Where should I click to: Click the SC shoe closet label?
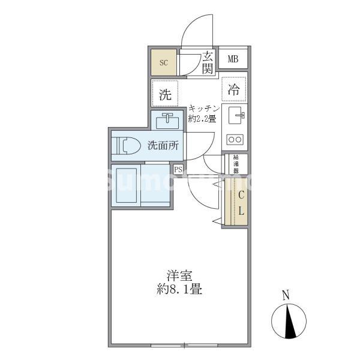point(163,62)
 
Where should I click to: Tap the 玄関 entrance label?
point(208,62)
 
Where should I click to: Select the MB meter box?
point(233,59)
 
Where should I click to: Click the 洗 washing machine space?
point(164,94)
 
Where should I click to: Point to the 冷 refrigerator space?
point(233,90)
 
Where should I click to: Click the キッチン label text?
point(205,108)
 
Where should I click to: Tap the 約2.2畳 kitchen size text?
point(203,118)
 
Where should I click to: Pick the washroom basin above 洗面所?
point(167,121)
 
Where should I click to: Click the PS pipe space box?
point(178,169)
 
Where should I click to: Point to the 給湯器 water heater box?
point(235,163)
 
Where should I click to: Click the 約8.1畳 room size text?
point(179,290)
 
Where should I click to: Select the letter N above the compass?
point(286,295)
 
